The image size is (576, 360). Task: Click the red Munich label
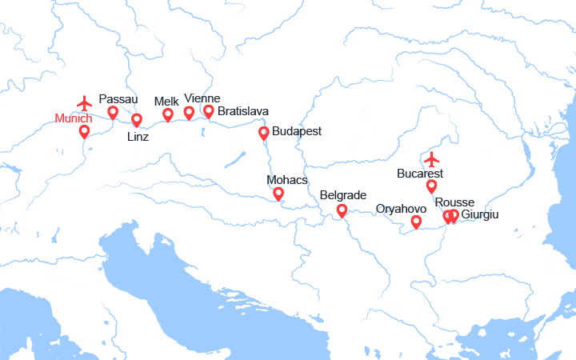click(x=74, y=118)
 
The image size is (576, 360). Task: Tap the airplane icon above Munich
click(x=84, y=103)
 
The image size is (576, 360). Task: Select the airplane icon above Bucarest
click(x=432, y=158)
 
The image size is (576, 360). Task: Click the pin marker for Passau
click(x=113, y=112)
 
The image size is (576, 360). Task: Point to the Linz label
click(x=138, y=136)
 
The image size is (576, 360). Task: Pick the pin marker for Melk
click(x=168, y=114)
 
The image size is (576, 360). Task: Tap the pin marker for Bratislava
click(x=209, y=110)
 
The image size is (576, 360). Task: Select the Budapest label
click(x=297, y=130)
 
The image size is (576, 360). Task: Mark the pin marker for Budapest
click(x=263, y=133)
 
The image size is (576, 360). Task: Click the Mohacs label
click(x=287, y=180)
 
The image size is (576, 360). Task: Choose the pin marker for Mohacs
click(x=278, y=193)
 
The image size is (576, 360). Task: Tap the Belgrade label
click(x=342, y=195)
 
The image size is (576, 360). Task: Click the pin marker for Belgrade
click(x=342, y=210)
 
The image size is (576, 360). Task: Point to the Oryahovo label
click(x=401, y=209)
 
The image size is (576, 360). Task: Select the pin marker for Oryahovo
click(x=416, y=222)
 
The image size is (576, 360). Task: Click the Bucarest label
click(x=420, y=173)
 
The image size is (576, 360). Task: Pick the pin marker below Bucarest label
click(x=431, y=186)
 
